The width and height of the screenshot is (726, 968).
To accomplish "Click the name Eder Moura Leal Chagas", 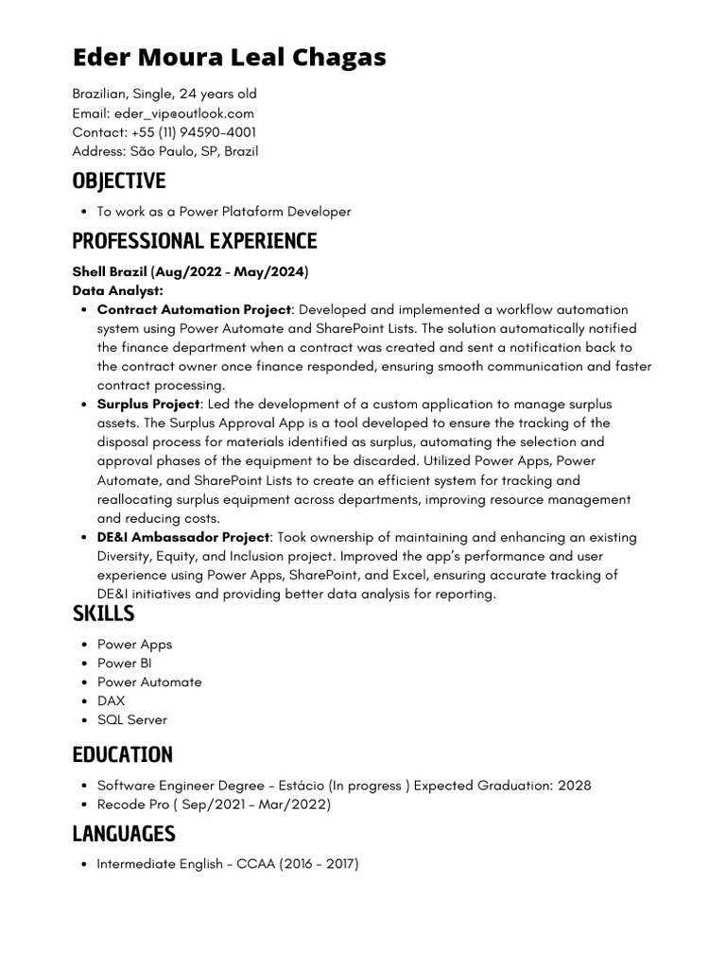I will (x=230, y=58).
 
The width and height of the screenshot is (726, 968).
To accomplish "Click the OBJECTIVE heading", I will (x=119, y=181).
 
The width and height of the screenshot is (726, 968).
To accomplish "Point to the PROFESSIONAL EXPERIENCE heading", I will (x=195, y=240).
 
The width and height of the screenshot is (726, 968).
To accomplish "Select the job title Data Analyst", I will (x=117, y=291).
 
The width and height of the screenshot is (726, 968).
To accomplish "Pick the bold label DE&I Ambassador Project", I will (x=183, y=537).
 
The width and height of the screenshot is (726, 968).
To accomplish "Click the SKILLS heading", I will (x=103, y=614).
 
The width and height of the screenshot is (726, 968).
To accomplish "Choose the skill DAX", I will (x=111, y=700).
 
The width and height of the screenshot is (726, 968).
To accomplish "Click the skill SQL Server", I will (x=131, y=719).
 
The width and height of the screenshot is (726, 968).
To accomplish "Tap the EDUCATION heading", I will (x=123, y=754).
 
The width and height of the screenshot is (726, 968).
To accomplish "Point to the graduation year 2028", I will (x=574, y=786).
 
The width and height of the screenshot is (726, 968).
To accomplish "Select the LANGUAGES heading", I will (x=124, y=834).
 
